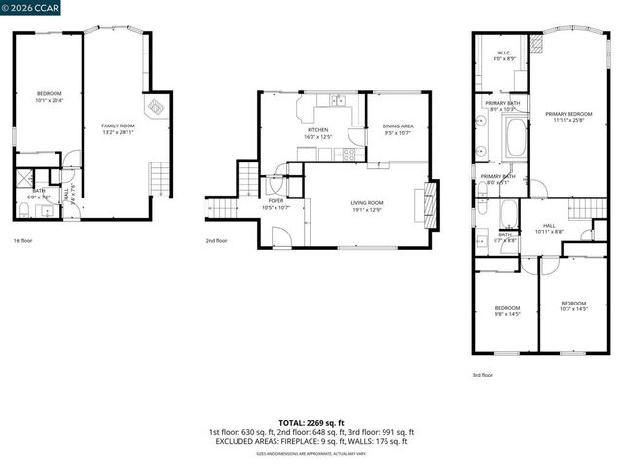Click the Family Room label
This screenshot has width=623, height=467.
pyautogui.click(x=119, y=126)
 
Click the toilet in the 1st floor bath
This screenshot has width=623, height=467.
pyautogui.click(x=22, y=209)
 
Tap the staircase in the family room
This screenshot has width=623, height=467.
pyautogui.click(x=160, y=177)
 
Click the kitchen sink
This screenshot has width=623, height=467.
pyautogui.click(x=337, y=99)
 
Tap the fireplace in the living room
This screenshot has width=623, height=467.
pyautogui.click(x=421, y=204)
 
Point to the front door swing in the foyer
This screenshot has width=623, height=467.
pyautogui.click(x=280, y=236)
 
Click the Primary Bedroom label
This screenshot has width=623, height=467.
pyautogui.click(x=568, y=114)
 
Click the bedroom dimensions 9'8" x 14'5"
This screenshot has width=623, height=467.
pyautogui.click(x=507, y=314)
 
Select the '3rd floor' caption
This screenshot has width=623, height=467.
pyautogui.click(x=482, y=375)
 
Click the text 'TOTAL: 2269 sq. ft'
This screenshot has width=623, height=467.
pyautogui.click(x=311, y=423)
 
